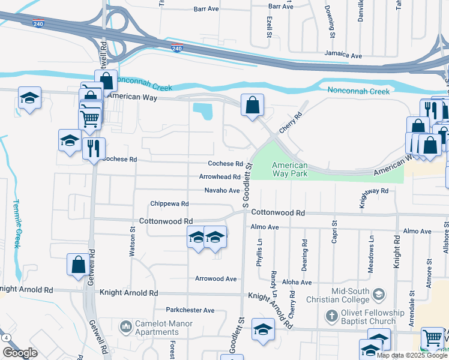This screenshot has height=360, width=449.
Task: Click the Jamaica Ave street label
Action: pos(343,55)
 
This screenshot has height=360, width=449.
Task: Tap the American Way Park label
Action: pos(290,169)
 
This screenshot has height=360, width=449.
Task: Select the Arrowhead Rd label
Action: pos(220,177)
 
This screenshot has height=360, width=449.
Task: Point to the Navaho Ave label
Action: pos(221,190)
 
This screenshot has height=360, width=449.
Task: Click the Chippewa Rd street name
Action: pos(169,204)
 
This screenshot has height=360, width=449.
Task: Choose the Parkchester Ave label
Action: pos(190,310)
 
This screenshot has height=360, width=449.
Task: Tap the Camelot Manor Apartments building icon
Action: pos(126,327)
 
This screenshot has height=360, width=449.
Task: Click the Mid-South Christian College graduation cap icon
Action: pos(379,294)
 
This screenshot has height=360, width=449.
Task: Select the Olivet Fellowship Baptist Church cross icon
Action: pos(332,316)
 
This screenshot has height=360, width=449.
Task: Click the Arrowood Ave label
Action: pos(216,278)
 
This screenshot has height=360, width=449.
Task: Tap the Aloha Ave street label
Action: pos(298,282)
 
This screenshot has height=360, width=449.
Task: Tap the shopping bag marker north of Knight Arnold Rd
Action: pos(78,265)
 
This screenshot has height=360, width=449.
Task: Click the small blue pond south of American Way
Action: pos(203,111)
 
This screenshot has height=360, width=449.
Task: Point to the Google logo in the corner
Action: pos(20,353)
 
